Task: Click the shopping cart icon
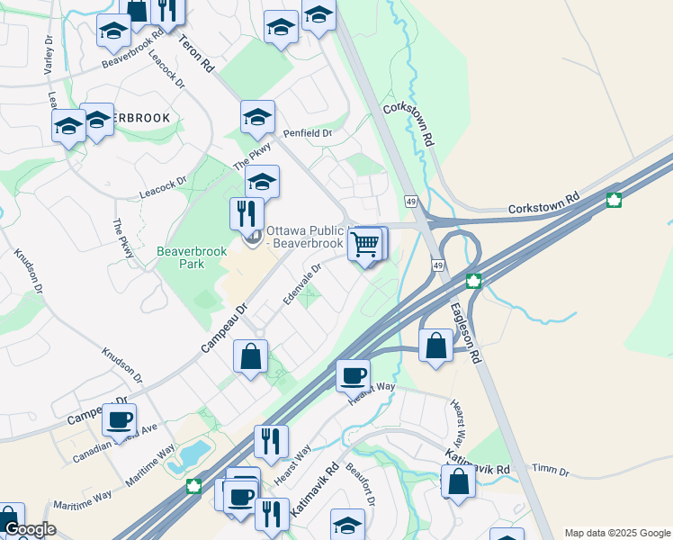click(364, 243)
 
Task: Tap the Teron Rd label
click(195, 54)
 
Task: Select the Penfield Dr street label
click(308, 133)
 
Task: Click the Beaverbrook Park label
click(180, 257)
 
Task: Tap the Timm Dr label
click(551, 471)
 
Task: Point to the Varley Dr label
click(48, 56)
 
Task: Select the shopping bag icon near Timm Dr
click(458, 481)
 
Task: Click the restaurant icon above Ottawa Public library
click(247, 214)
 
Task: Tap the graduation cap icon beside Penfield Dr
click(256, 116)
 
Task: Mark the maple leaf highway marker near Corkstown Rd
click(615, 200)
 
